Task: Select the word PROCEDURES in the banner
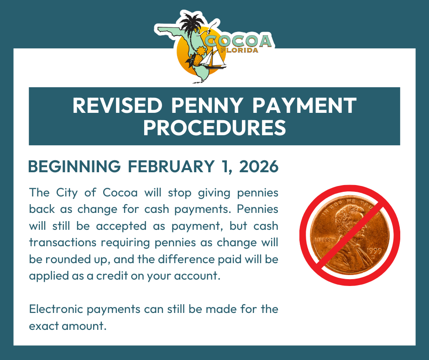pyautogui.click(x=214, y=128)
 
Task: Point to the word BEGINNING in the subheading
pyautogui.click(x=74, y=167)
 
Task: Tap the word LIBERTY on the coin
pyautogui.click(x=322, y=239)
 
